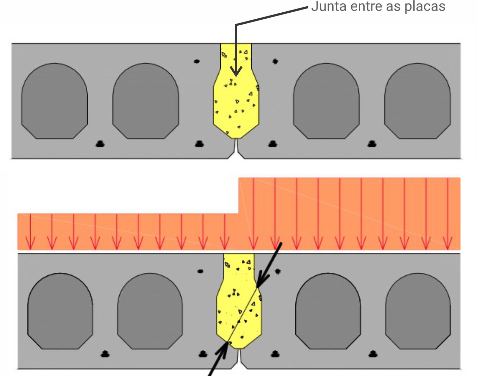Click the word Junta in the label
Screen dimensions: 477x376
point(329,6)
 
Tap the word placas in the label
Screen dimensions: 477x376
point(425,7)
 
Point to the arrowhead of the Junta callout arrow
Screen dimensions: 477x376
point(236,71)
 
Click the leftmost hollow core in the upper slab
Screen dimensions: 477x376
point(54,101)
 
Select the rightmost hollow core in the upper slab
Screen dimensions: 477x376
point(418,101)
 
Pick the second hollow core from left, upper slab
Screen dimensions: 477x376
point(146,101)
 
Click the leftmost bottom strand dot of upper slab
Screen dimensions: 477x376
point(100,144)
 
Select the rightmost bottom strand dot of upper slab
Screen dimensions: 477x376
point(372,144)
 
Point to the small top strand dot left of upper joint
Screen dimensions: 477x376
point(196,61)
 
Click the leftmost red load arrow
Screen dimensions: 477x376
point(30,232)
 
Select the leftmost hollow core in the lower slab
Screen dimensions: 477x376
point(60,311)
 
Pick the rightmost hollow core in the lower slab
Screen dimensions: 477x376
point(418,311)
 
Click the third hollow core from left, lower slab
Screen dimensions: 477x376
point(328,311)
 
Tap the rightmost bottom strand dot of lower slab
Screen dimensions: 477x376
point(373,354)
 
